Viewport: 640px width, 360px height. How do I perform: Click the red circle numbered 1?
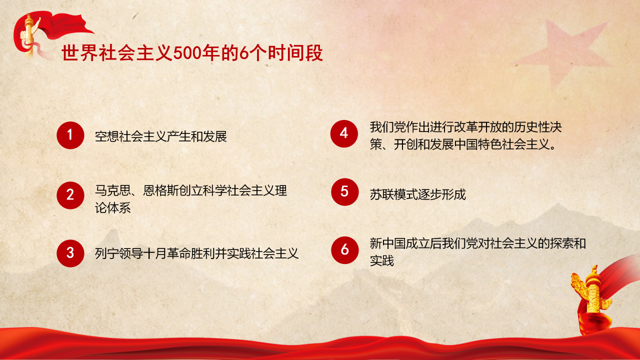[x=70, y=135]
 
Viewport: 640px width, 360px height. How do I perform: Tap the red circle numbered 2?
[x=70, y=194]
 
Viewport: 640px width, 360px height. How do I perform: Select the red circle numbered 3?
[x=70, y=253]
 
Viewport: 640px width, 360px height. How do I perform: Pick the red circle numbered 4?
[x=344, y=133]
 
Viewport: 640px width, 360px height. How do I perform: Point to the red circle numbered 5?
[x=344, y=191]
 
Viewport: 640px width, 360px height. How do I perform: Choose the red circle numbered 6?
[x=344, y=249]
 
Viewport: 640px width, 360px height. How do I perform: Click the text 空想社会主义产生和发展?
[x=161, y=136]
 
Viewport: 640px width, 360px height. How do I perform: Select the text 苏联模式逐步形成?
[x=418, y=194]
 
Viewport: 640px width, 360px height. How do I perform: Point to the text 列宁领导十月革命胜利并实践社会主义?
[x=196, y=253]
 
